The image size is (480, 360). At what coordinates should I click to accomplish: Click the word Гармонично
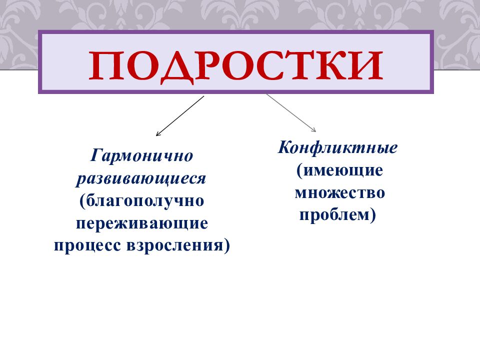pyautogui.click(x=141, y=156)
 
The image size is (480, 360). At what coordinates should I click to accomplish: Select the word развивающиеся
pyautogui.click(x=141, y=178)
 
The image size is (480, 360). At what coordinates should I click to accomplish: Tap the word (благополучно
pyautogui.click(x=141, y=201)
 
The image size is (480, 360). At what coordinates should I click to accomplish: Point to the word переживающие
pyautogui.click(x=141, y=223)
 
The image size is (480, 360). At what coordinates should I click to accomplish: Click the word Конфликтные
pyautogui.click(x=338, y=148)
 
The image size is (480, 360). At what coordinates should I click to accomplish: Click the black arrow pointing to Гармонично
pyautogui.click(x=180, y=116)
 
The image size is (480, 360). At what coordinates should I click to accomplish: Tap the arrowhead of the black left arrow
pyautogui.click(x=158, y=134)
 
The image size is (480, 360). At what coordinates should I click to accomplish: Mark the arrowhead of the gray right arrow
pyautogui.click(x=313, y=131)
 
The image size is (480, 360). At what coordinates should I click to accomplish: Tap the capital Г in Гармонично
pyautogui.click(x=95, y=155)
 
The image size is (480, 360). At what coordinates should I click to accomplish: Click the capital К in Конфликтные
pyautogui.click(x=284, y=148)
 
